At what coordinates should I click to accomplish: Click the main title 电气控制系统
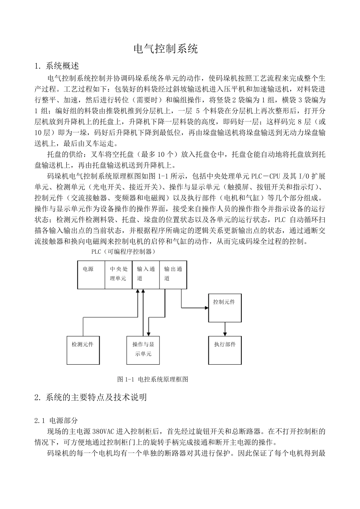pyautogui.click(x=166, y=48)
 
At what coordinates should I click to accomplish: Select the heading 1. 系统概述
pyautogui.click(x=56, y=66)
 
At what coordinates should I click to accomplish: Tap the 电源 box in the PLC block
pyautogui.click(x=91, y=274)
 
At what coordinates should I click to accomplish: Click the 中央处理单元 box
pyautogui.click(x=118, y=274)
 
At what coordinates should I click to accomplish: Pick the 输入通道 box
pyautogui.click(x=146, y=274)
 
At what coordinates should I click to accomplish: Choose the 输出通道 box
pyautogui.click(x=173, y=274)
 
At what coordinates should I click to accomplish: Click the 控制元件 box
pyautogui.click(x=224, y=308)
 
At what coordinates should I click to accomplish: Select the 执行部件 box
pyautogui.click(x=224, y=350)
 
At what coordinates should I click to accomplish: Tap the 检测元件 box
pyautogui.click(x=83, y=350)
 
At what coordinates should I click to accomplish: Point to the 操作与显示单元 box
pyautogui.click(x=143, y=350)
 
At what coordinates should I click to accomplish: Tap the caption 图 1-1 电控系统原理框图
pyautogui.click(x=153, y=379)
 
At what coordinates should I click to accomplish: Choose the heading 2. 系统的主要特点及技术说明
pyautogui.click(x=90, y=397)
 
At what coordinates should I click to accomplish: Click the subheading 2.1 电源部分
pyautogui.click(x=56, y=420)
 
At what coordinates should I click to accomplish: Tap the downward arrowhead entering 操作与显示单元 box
pyautogui.click(x=148, y=333)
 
